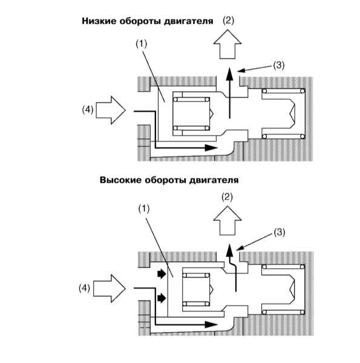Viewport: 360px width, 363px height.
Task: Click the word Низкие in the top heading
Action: click(99, 21)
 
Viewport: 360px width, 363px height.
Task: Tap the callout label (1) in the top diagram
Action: click(141, 44)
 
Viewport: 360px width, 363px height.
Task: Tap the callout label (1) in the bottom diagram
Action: click(144, 209)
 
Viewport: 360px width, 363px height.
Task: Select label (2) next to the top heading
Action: click(228, 21)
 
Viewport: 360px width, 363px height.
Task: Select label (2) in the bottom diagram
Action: click(227, 197)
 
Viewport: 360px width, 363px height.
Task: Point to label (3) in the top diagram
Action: click(279, 65)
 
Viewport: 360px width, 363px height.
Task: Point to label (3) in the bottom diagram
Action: click(280, 232)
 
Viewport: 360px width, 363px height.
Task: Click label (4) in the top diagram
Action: click(88, 110)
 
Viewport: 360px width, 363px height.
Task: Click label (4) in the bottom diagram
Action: click(85, 288)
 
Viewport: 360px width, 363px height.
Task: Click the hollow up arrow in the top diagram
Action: click(227, 44)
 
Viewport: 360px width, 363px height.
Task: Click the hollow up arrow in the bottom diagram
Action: click(227, 221)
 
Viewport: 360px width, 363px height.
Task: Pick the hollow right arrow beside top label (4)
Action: click(111, 110)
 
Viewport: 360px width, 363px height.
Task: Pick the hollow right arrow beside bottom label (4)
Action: click(110, 289)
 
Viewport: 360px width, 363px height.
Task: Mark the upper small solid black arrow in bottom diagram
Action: click(162, 274)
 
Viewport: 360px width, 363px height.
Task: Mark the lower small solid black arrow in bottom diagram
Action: click(162, 298)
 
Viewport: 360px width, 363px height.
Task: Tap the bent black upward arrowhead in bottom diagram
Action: click(229, 250)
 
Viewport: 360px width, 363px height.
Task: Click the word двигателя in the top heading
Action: click(189, 21)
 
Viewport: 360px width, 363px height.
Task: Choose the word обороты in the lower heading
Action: click(165, 180)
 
